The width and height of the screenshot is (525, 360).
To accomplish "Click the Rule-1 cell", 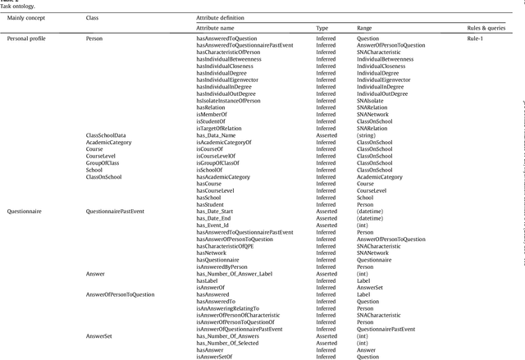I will point(476,39).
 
